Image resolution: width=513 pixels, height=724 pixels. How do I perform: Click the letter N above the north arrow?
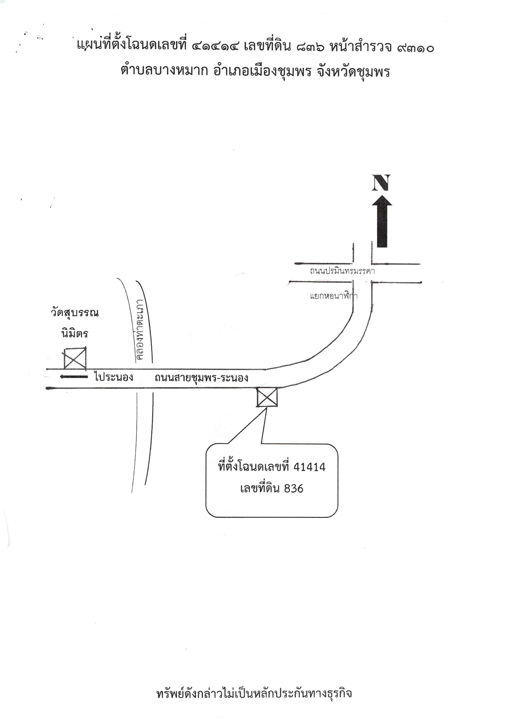(x=381, y=183)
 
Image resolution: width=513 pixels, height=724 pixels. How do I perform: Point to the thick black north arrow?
(x=382, y=221)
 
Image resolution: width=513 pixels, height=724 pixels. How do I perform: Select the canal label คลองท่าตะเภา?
(x=140, y=330)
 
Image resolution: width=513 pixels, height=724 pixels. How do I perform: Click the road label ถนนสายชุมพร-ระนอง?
(x=201, y=378)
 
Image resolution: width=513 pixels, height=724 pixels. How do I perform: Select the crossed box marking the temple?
(x=75, y=358)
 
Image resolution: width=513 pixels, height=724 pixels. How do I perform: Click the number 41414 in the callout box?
(x=310, y=467)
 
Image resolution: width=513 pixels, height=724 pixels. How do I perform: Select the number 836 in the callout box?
(x=294, y=489)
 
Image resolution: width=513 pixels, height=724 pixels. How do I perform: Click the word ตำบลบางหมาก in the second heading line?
(x=164, y=71)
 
